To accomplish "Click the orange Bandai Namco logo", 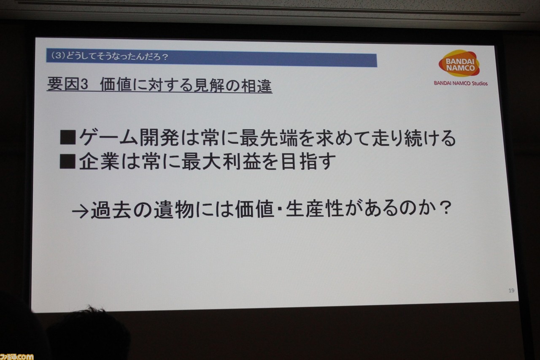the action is tap(459, 63).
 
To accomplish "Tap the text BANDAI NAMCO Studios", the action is tap(461, 83).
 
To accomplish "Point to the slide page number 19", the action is tap(511, 290).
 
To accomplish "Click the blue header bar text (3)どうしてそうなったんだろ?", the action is tap(109, 57).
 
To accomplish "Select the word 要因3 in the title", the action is tap(68, 84).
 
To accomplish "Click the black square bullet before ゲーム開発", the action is tap(68, 138).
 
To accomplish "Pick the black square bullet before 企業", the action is tap(68, 161).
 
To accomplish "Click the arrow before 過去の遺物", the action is tap(80, 212).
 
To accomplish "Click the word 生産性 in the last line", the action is tap(315, 208).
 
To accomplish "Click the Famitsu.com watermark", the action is tap(16, 357).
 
